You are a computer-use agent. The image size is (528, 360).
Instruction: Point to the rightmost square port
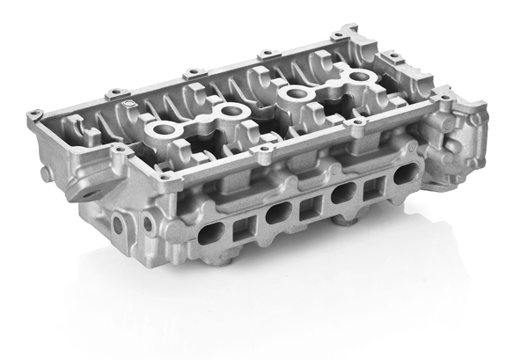click(x=367, y=187)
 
